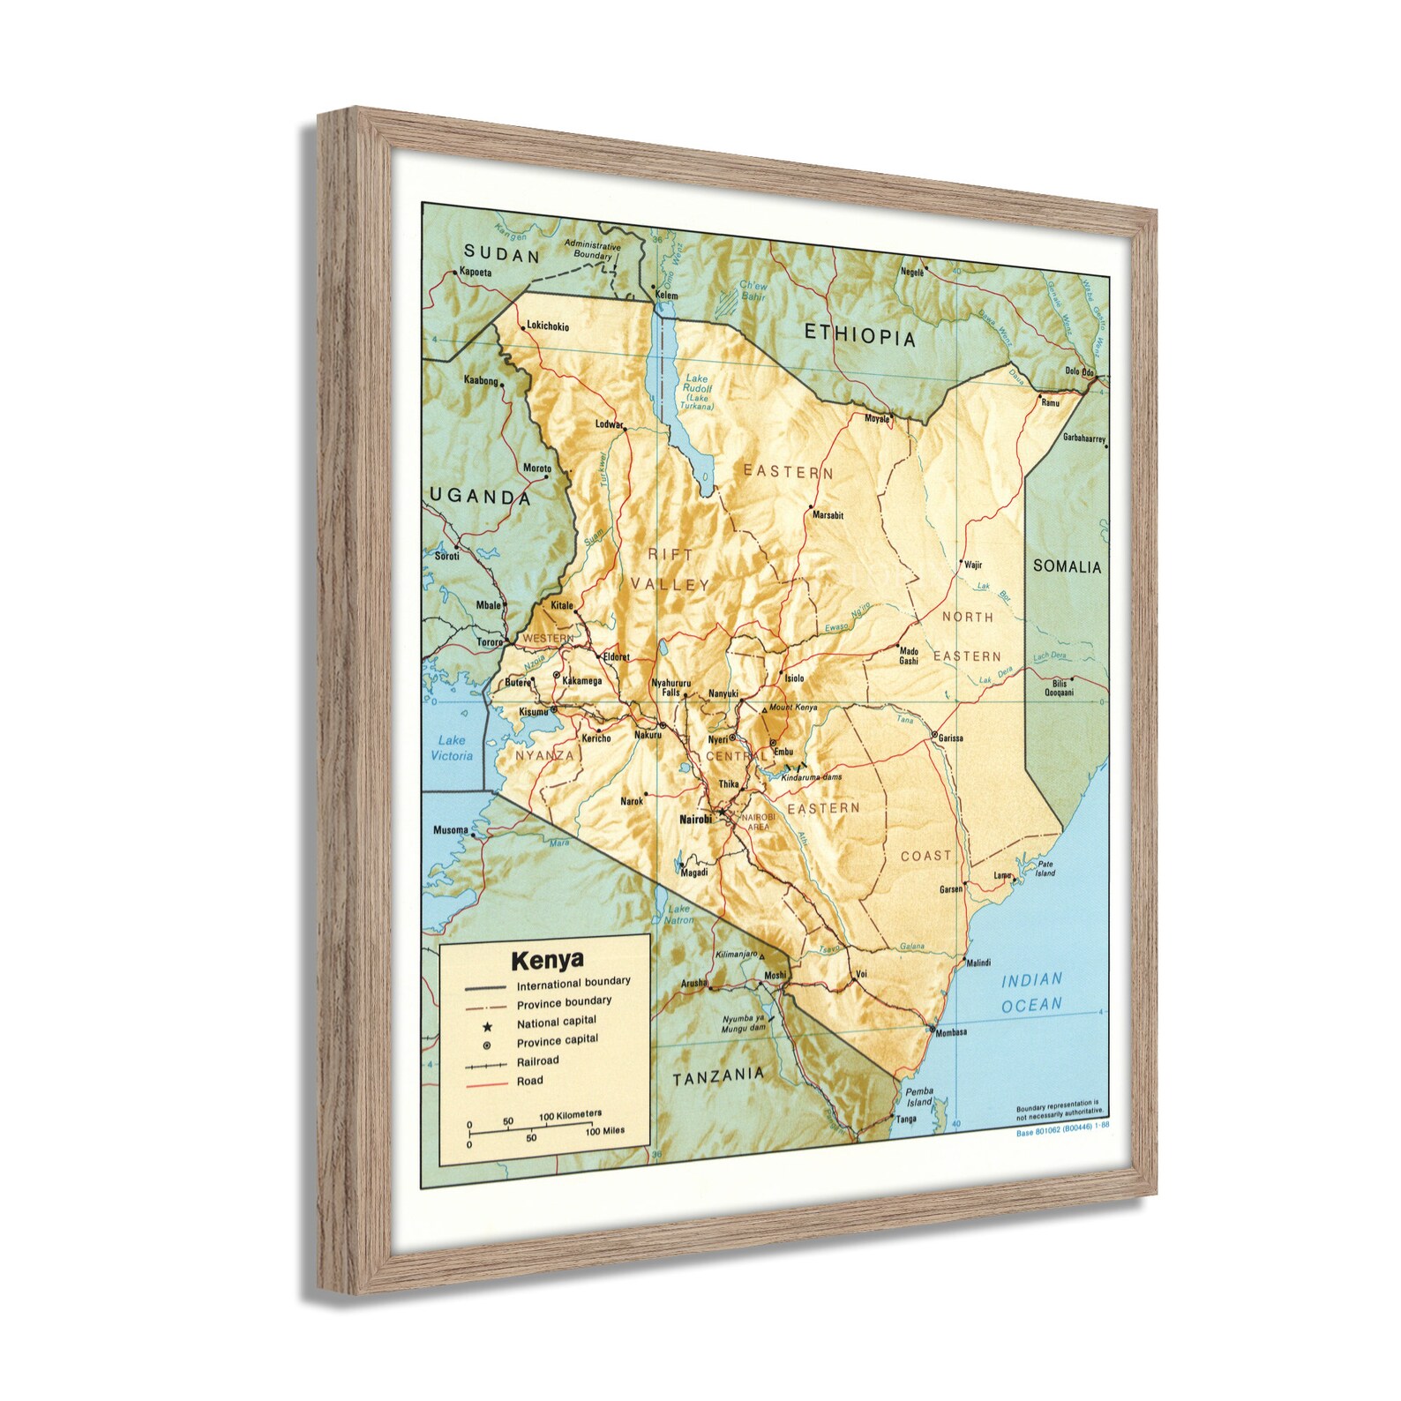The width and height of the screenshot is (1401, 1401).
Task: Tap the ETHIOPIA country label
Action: (860, 335)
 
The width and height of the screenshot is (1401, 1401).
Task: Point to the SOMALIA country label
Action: (1068, 566)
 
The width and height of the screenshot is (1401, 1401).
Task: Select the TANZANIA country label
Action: (718, 1075)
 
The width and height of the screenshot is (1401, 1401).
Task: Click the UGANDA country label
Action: (480, 496)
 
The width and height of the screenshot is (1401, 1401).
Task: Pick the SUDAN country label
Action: (502, 256)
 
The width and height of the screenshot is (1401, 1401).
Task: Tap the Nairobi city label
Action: (695, 820)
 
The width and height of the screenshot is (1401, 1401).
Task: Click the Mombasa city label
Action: (951, 1032)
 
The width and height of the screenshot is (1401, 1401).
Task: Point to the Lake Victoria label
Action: (452, 748)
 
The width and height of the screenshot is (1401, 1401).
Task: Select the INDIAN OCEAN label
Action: (1031, 992)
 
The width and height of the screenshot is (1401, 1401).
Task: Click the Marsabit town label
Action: (828, 515)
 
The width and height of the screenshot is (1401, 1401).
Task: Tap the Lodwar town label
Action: (609, 424)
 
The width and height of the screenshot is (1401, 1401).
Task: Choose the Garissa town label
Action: (950, 738)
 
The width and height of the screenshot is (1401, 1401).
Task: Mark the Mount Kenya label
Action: (793, 708)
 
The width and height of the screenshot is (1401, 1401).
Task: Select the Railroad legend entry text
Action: (538, 1061)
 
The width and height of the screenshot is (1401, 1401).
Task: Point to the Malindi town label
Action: (978, 963)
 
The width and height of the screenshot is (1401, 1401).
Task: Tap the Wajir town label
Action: (973, 566)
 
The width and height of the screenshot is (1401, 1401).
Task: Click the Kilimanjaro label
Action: (738, 955)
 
